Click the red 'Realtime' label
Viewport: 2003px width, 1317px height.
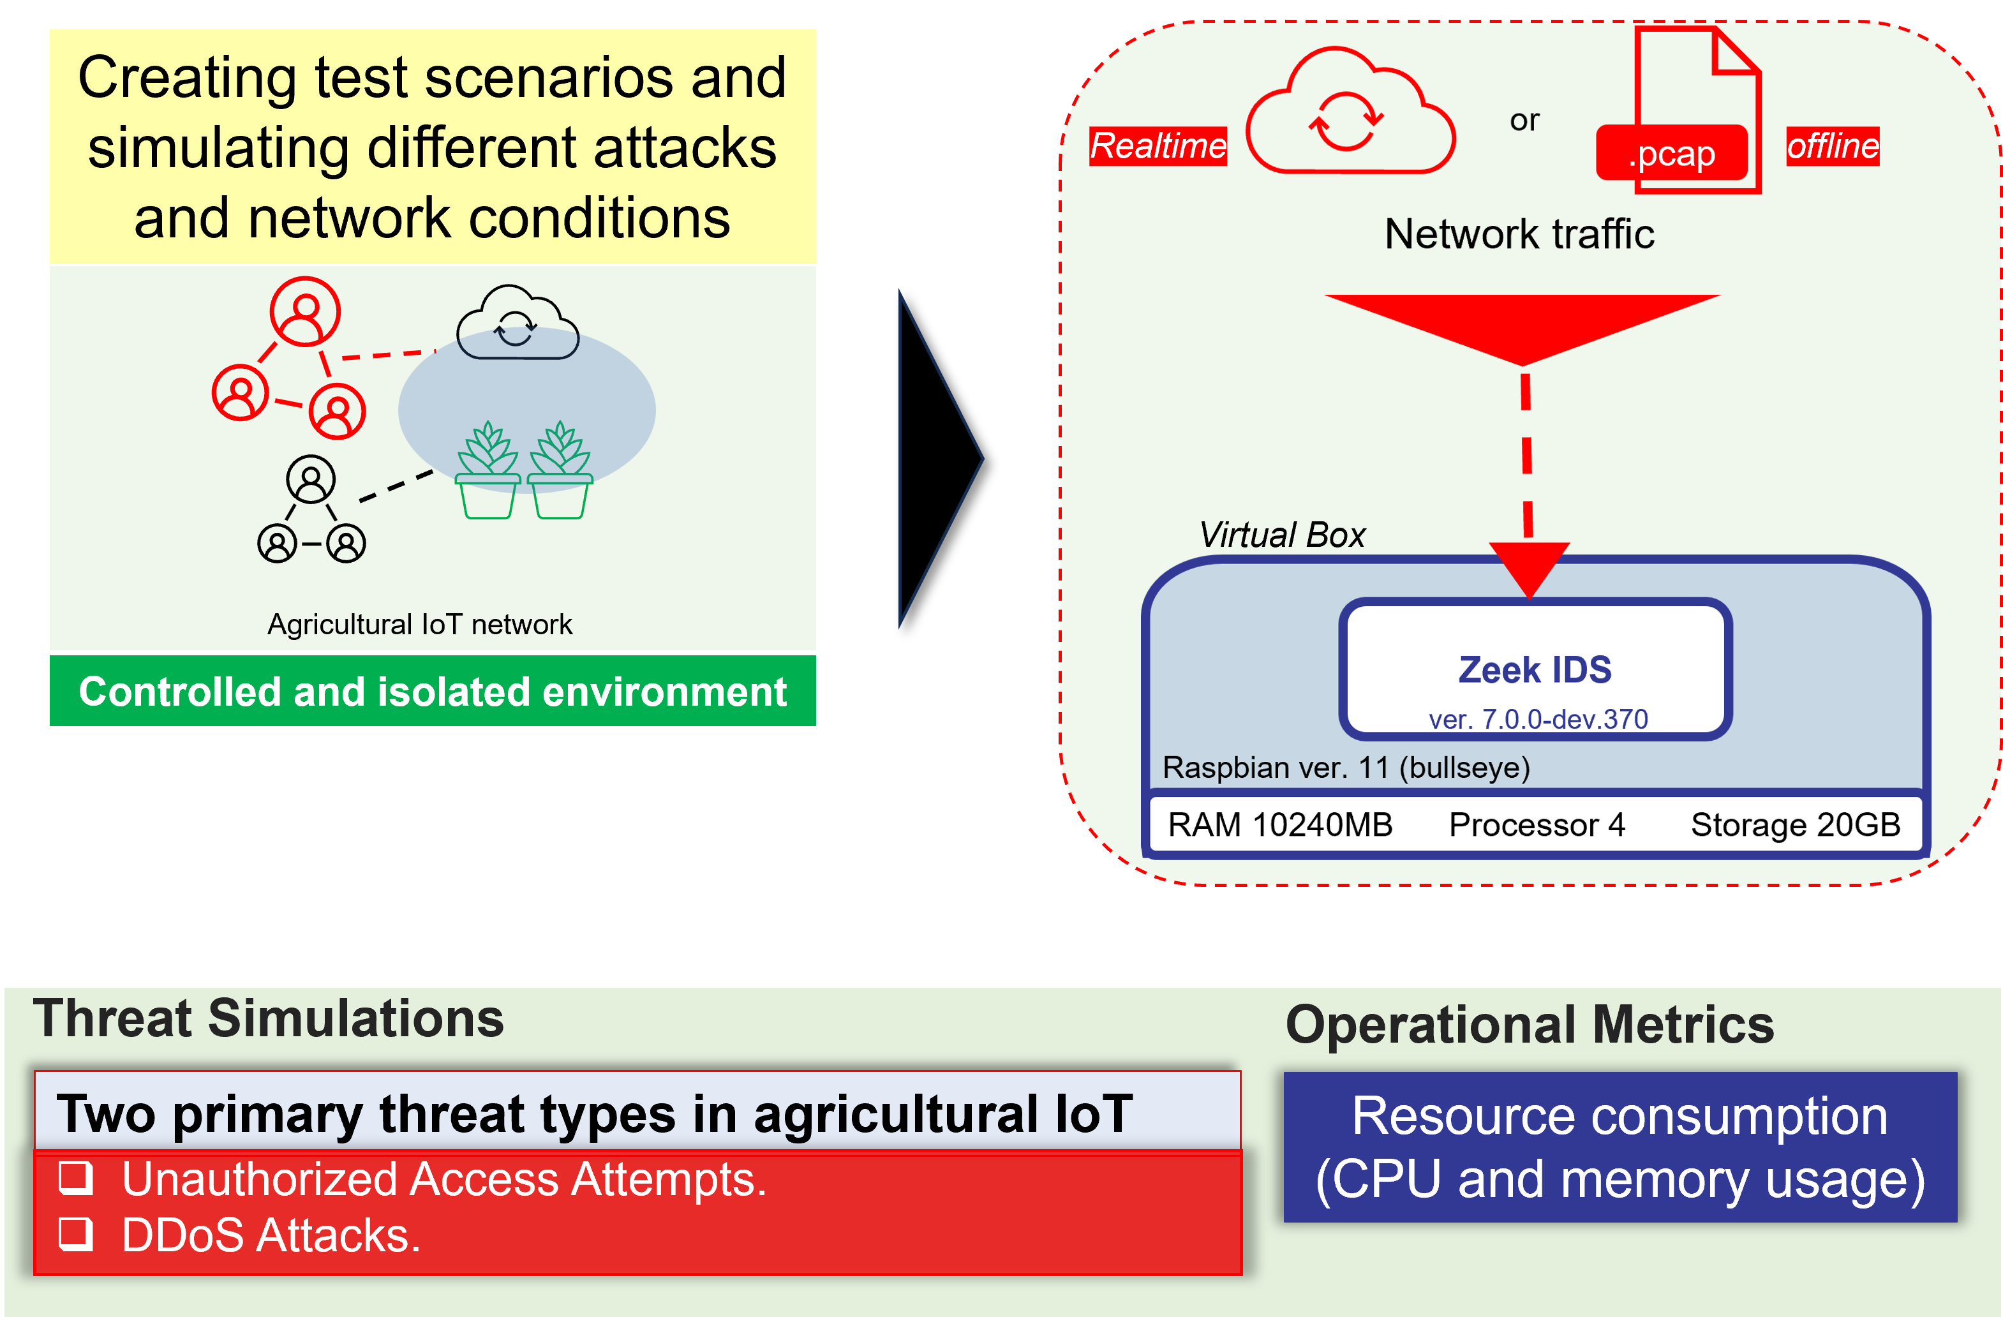click(x=1158, y=146)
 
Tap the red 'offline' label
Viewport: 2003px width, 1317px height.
click(x=1832, y=146)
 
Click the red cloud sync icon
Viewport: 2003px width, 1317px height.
click(x=1350, y=110)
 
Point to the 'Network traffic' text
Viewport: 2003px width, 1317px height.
click(x=1519, y=234)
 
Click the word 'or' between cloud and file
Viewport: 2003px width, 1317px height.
click(x=1524, y=121)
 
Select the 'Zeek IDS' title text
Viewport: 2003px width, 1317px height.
click(x=1535, y=670)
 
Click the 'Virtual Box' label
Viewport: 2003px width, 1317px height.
click(x=1282, y=535)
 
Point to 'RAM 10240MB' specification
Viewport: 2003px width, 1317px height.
click(x=1280, y=824)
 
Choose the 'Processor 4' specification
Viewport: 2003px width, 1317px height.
click(x=1537, y=824)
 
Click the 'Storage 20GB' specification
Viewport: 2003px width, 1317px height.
click(x=1795, y=824)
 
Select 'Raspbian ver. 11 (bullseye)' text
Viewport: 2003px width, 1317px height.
click(x=1346, y=768)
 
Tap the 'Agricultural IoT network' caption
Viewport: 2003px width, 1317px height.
click(x=419, y=625)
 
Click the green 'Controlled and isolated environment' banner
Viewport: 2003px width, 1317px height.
click(x=433, y=691)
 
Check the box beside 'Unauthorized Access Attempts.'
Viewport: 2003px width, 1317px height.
click(x=76, y=1178)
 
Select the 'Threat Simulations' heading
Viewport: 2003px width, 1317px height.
click(x=269, y=1018)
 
